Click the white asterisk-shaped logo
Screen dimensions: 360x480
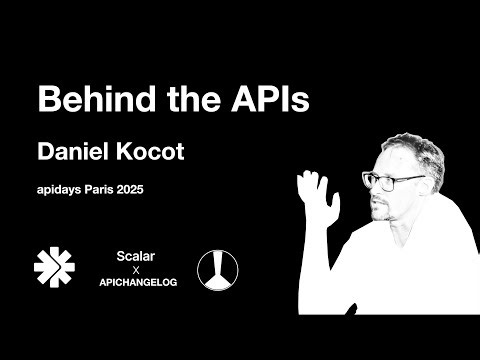click(x=54, y=266)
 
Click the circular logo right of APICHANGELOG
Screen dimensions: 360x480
click(x=217, y=267)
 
